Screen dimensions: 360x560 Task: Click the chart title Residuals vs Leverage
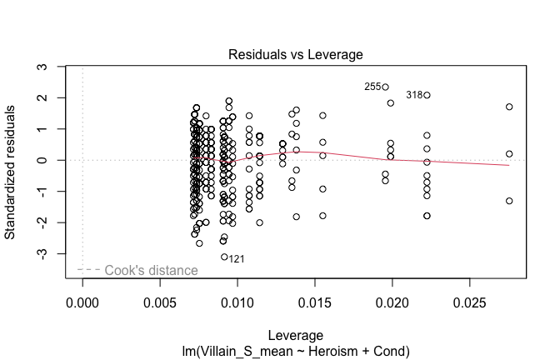[x=295, y=54]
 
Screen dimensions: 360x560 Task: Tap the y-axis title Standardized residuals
[x=12, y=172]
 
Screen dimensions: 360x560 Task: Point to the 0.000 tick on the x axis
[x=82, y=298]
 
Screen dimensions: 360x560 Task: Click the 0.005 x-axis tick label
[x=160, y=298]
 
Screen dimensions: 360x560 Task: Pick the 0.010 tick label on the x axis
[x=237, y=298]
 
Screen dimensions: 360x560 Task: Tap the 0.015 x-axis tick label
[x=315, y=298]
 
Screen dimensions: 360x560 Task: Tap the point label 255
[x=372, y=87]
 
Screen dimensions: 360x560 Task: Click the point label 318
[x=414, y=95]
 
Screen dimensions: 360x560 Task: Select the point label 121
[x=237, y=259]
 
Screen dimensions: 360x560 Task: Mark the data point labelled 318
[x=427, y=95]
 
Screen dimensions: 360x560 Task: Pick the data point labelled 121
[x=224, y=257]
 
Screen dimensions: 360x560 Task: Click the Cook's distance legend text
[x=151, y=270]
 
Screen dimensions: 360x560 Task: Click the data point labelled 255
[x=386, y=87]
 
